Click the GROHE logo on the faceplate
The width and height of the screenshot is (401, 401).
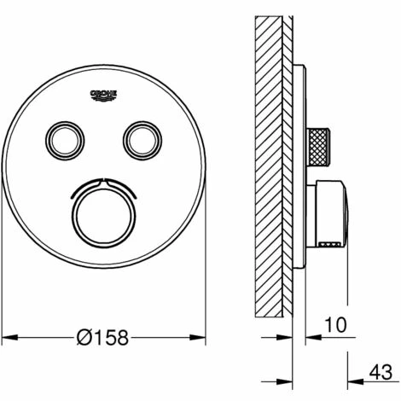point(104,96)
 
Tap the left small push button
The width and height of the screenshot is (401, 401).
point(65,141)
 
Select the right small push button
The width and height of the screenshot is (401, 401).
point(142,141)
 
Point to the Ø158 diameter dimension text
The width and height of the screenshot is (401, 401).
point(102,338)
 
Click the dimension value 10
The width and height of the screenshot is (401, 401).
point(336,325)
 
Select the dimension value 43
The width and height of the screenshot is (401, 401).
point(381,372)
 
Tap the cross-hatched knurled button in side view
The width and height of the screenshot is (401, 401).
point(318,147)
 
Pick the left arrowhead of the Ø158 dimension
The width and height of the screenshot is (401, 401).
point(10,338)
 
